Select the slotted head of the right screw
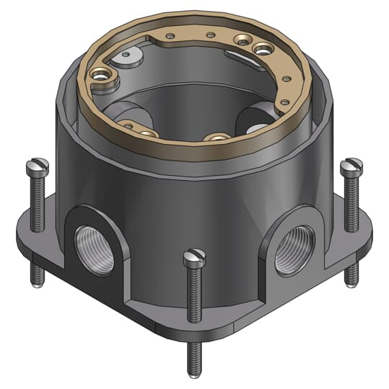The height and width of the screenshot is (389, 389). [x=352, y=167]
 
